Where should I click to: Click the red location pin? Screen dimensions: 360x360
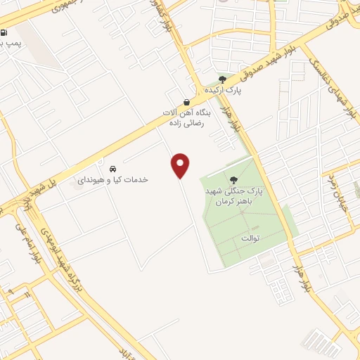tap(181, 166)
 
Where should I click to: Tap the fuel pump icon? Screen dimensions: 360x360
tap(5, 32)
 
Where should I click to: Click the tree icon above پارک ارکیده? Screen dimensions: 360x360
tap(223, 79)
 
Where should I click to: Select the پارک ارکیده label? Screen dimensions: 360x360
tap(223, 91)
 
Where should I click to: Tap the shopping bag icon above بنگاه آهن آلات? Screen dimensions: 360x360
tap(186, 102)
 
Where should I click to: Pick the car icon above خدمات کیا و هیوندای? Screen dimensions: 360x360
tap(112, 169)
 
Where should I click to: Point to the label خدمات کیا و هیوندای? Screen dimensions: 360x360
tap(112, 180)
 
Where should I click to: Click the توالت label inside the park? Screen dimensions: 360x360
tap(250, 238)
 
